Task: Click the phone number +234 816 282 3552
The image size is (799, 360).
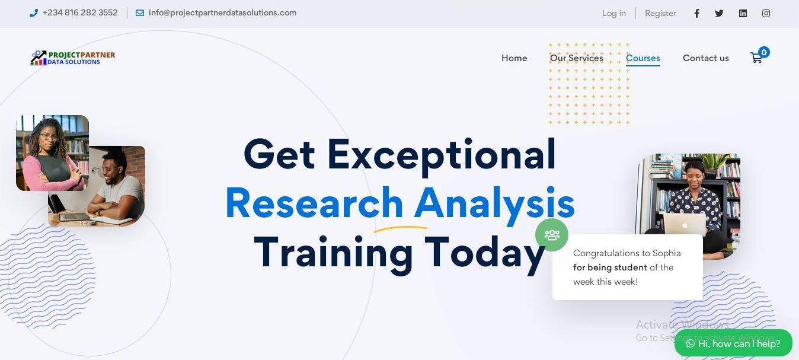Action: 80,13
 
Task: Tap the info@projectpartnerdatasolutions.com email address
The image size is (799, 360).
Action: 222,13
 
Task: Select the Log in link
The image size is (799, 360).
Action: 614,13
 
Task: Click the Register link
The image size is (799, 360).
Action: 660,13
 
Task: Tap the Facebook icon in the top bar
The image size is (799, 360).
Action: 696,13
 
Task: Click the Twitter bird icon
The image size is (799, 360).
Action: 719,13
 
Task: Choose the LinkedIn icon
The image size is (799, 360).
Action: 743,13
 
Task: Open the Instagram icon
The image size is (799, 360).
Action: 766,13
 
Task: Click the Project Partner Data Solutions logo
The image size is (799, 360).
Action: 73,58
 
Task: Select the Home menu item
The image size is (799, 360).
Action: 514,58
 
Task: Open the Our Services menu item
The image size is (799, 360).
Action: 576,58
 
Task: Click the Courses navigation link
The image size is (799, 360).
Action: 643,58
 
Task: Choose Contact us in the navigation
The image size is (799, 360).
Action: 705,58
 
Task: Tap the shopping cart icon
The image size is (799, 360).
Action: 756,58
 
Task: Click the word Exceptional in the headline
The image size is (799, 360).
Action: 441,155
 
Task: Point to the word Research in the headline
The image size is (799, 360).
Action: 314,203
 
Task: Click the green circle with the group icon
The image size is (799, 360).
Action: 551,235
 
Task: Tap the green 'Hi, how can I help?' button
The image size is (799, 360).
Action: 733,343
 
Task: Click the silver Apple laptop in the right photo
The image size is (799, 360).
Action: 684,224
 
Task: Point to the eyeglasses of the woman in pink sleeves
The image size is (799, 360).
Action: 49,136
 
